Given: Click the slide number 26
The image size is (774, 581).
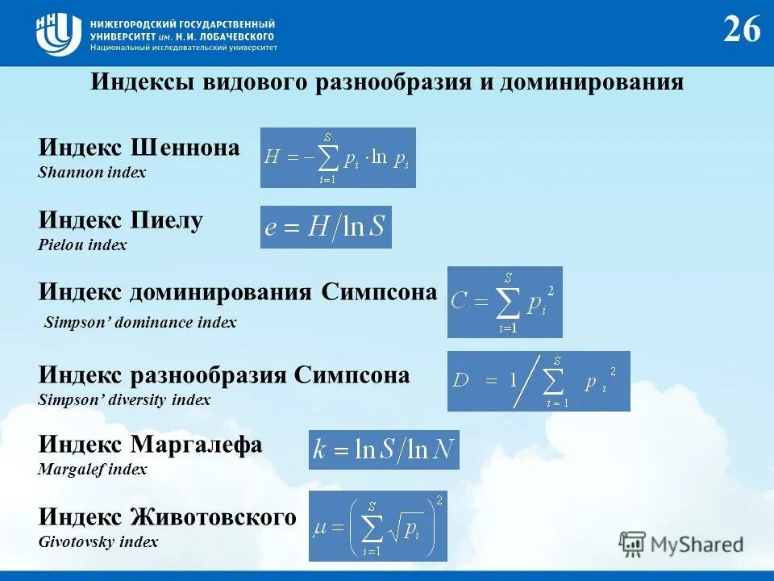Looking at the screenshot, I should tap(741, 30).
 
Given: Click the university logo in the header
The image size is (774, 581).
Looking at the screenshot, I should tap(58, 33).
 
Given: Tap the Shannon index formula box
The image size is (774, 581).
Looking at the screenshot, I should tap(338, 157).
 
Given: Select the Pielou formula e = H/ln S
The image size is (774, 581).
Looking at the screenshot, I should tap(326, 227).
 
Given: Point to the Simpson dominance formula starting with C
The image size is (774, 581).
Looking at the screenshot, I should tap(505, 302).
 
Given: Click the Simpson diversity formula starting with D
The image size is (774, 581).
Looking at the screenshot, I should tap(539, 381).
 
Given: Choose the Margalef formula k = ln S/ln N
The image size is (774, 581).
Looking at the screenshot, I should tap(384, 449).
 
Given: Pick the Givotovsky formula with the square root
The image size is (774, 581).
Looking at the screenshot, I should tap(377, 526).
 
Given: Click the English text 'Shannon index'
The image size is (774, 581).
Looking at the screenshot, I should tap(92, 173).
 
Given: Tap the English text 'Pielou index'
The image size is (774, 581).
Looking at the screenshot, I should tap(82, 245).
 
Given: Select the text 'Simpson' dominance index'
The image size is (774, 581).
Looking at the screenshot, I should tap(140, 323).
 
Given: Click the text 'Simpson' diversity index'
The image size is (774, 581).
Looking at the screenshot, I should tap(124, 399).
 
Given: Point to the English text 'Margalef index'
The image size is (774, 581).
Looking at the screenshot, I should tap(93, 469).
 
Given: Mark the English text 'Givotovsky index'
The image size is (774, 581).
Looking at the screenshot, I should tap(98, 541).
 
